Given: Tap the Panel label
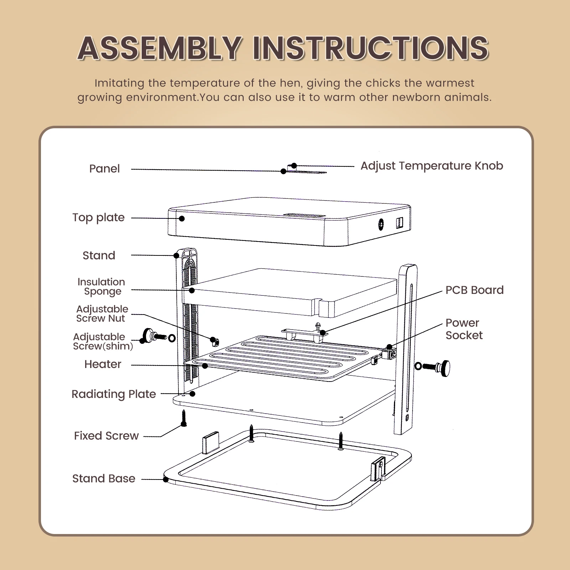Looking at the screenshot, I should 104,169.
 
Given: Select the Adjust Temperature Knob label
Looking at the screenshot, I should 432,166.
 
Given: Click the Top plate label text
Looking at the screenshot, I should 98,217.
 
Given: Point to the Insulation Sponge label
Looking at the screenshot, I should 101,286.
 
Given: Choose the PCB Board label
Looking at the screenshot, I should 475,290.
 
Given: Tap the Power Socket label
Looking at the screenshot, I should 464,329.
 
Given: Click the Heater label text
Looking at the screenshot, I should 103,364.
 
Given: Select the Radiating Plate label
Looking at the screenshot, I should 114,394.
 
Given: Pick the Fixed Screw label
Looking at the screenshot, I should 106,436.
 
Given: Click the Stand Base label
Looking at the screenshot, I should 104,478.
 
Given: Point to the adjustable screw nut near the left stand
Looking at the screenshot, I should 215,342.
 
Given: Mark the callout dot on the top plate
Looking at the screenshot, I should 182,218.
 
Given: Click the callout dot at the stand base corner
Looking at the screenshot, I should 166,480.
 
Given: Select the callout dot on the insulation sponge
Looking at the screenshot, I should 192,290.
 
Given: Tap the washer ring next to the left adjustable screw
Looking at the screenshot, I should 172,338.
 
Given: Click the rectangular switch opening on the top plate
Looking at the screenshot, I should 399,223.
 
